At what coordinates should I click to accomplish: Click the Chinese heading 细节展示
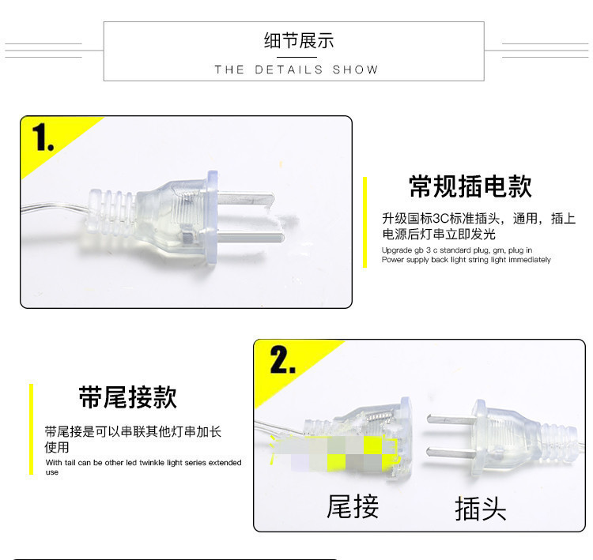pyautogui.click(x=299, y=41)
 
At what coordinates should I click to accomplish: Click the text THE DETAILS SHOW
pyautogui.click(x=296, y=70)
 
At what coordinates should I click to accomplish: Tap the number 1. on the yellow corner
pyautogui.click(x=43, y=137)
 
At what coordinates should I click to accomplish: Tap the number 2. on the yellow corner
pyautogui.click(x=282, y=359)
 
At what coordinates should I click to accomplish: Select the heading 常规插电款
pyautogui.click(x=470, y=186)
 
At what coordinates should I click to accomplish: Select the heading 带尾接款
pyautogui.click(x=128, y=397)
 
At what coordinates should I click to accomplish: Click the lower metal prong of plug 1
pyautogui.click(x=251, y=237)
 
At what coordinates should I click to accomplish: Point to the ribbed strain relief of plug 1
pyautogui.click(x=111, y=212)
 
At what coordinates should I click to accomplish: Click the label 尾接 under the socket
pyautogui.click(x=353, y=506)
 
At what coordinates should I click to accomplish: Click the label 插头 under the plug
pyautogui.click(x=480, y=509)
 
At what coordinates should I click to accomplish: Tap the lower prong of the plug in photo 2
pyautogui.click(x=450, y=451)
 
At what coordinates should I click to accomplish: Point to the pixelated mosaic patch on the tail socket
pyautogui.click(x=334, y=453)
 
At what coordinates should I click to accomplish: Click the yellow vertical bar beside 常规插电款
pyautogui.click(x=364, y=222)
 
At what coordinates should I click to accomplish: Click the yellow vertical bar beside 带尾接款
pyautogui.click(x=32, y=429)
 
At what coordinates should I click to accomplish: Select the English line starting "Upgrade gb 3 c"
pyautogui.click(x=457, y=250)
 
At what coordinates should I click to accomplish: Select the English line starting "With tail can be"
pyautogui.click(x=143, y=463)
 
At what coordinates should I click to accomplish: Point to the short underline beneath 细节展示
pyautogui.click(x=296, y=57)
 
